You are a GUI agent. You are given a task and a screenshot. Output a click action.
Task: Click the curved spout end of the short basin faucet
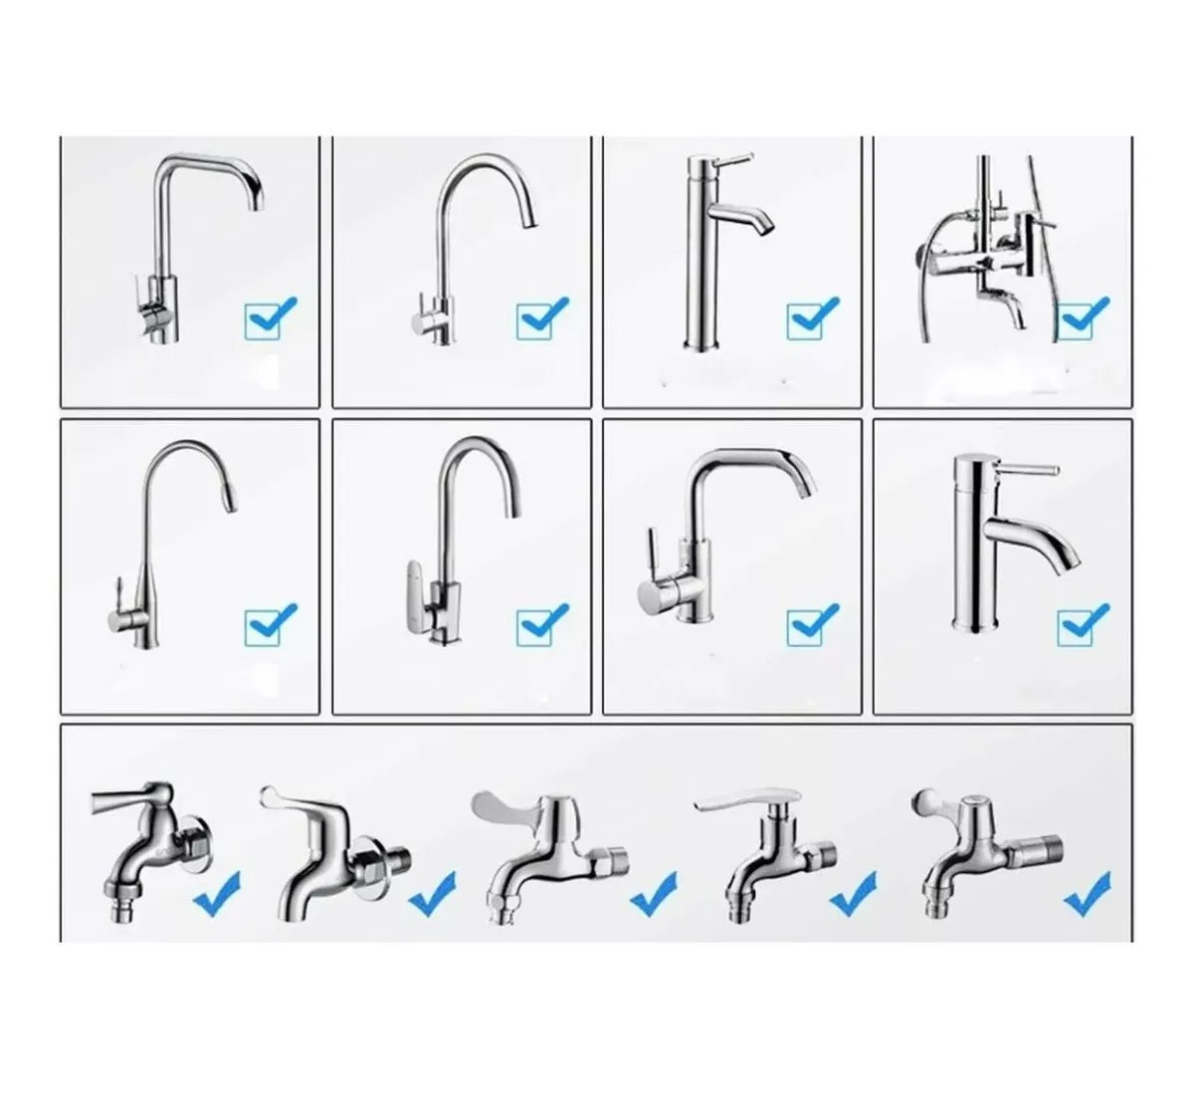[1070, 559]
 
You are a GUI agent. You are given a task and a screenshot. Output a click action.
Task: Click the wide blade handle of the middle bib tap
[504, 805]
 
